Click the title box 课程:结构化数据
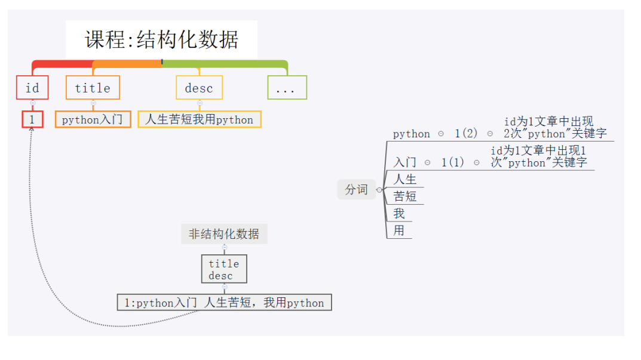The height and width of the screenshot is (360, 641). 161,40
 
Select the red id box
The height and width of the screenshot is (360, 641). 32,88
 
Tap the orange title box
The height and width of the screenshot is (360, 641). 93,88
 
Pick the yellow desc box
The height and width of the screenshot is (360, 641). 199,88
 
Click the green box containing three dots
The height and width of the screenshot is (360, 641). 287,88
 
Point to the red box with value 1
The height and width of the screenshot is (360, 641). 32,119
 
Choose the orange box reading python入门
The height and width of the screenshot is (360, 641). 93,119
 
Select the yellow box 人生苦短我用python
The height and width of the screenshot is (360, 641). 200,119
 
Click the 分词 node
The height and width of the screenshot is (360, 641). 357,189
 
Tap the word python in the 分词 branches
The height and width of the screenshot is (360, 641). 411,134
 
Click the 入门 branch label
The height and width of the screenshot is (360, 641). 405,162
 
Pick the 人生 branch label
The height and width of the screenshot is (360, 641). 405,179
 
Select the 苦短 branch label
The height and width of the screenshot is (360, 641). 405,196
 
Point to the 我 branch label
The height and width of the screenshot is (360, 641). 399,213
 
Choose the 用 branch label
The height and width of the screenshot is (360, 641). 399,230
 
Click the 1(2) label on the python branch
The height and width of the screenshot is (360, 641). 466,134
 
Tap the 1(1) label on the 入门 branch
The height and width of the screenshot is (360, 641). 453,162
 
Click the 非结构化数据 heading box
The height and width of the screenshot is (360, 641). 224,234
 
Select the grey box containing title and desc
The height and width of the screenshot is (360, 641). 224,269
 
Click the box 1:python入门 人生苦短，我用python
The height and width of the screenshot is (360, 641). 224,303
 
